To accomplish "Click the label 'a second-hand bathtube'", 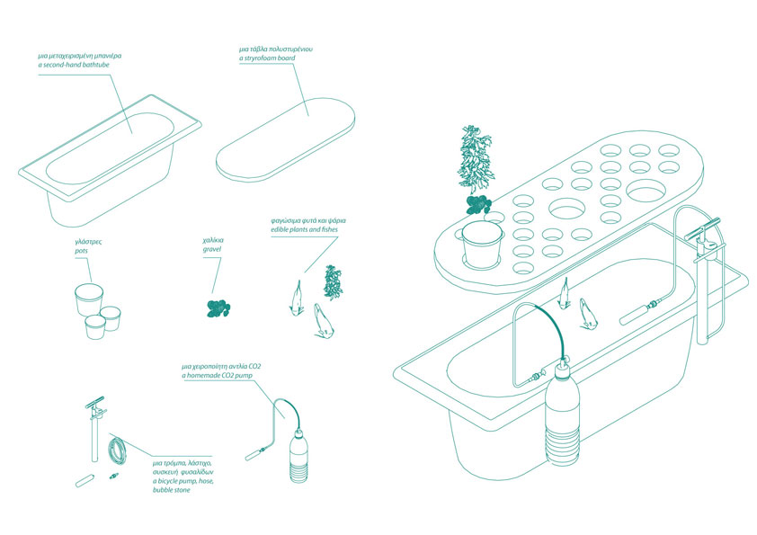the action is pyautogui.click(x=74, y=65).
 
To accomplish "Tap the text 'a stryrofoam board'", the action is pyautogui.click(x=267, y=58).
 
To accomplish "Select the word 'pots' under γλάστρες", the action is pyautogui.click(x=81, y=251).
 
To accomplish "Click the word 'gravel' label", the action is pyautogui.click(x=212, y=249).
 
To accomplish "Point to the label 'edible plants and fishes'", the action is pyautogui.click(x=304, y=229).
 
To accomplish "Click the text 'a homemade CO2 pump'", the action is pyautogui.click(x=217, y=375).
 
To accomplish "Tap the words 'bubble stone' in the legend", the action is pyautogui.click(x=172, y=490).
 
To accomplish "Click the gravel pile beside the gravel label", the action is pyautogui.click(x=218, y=309).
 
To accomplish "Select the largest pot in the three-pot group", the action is pyautogui.click(x=89, y=299).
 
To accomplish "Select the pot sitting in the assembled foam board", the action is pyautogui.click(x=482, y=244).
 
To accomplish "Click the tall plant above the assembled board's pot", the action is pyautogui.click(x=475, y=157).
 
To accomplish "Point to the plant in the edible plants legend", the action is pyautogui.click(x=333, y=282).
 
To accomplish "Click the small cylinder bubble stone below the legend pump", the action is pyautogui.click(x=84, y=481).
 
